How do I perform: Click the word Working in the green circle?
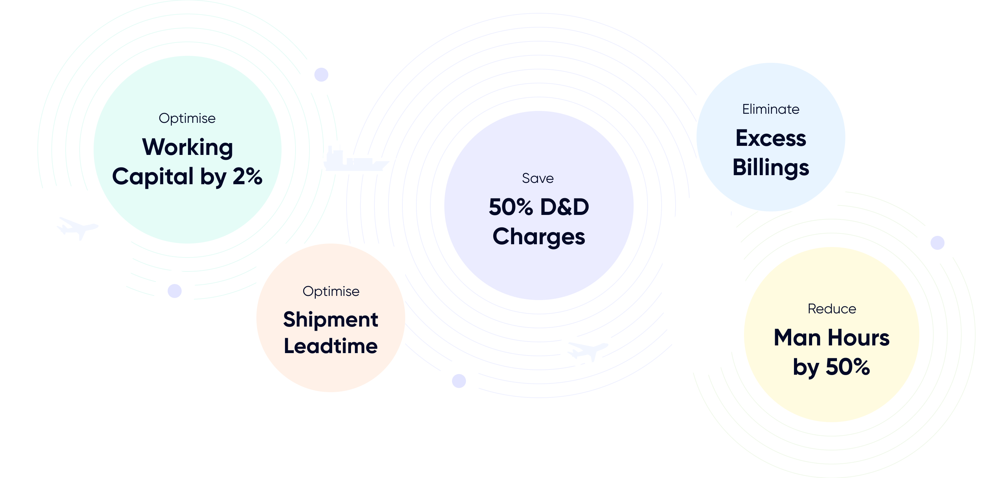[188, 148]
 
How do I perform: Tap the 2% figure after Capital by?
[248, 177]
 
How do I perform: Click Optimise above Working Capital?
[187, 119]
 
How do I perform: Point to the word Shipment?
[330, 320]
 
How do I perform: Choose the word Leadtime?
[330, 346]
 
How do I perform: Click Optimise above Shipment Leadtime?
[331, 291]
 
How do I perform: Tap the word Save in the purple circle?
[538, 179]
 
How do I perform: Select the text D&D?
[564, 207]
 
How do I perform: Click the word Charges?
[539, 237]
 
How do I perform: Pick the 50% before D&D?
[511, 207]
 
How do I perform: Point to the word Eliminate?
[771, 109]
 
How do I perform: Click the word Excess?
[771, 138]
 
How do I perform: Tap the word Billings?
[771, 168]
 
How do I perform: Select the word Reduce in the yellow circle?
[832, 309]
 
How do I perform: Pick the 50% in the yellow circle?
[847, 367]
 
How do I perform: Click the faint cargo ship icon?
[355, 159]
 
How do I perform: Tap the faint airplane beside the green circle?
[77, 228]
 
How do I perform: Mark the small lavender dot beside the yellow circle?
[937, 243]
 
